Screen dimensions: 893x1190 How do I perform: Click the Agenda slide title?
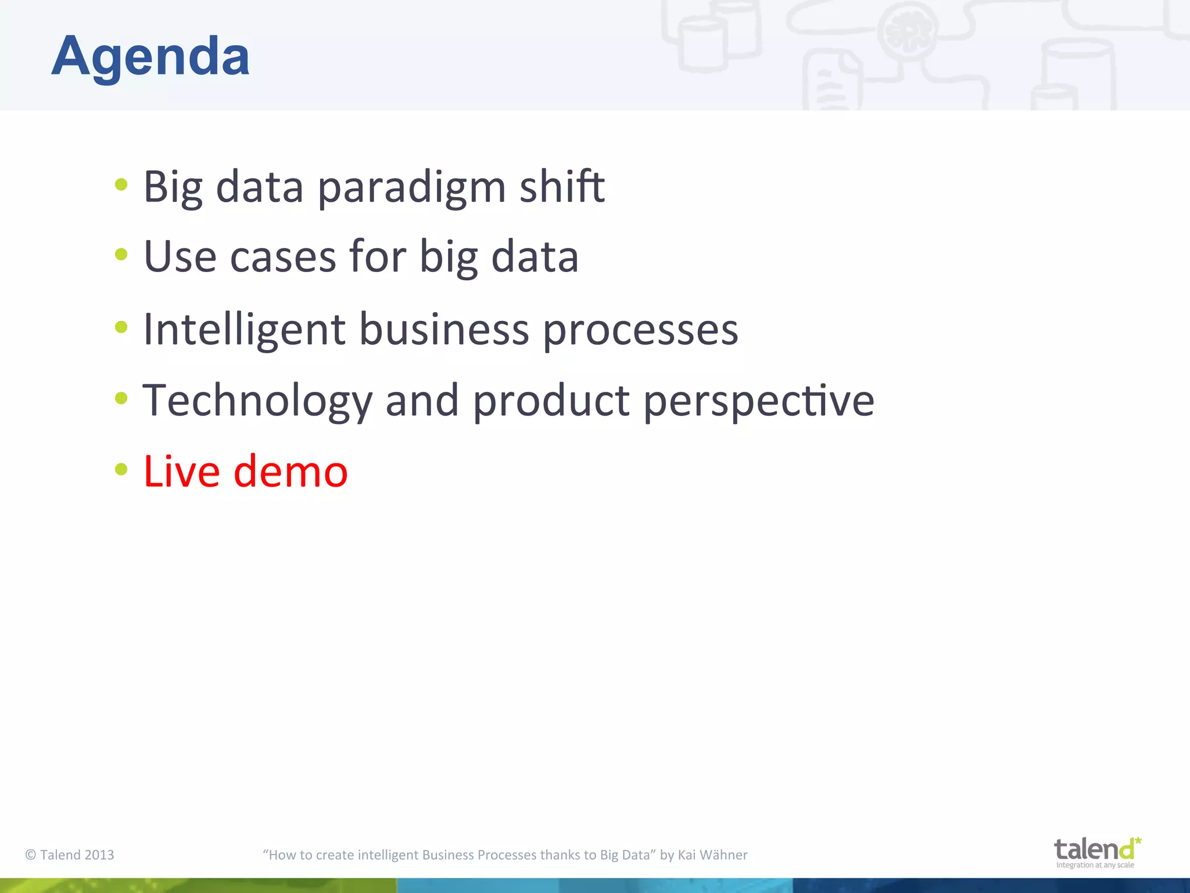pos(150,56)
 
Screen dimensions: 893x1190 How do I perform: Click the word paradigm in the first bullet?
pos(411,187)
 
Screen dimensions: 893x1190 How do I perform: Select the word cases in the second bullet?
pos(283,256)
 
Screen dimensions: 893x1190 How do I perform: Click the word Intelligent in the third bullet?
pos(244,329)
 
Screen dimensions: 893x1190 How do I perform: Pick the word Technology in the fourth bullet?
pos(257,401)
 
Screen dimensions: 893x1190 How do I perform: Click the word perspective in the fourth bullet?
pos(758,401)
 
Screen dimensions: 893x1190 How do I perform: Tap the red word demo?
pos(291,471)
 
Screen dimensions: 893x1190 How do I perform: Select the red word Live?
pos(181,471)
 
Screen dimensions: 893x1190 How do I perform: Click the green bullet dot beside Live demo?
pos(121,469)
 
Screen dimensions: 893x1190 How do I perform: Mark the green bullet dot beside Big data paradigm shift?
pos(121,185)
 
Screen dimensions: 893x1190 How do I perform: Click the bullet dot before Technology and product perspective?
pos(121,398)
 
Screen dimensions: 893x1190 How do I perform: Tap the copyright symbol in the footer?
pos(31,855)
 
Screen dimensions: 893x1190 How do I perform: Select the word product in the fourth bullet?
pos(551,401)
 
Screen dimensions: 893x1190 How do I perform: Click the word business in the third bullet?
pos(444,329)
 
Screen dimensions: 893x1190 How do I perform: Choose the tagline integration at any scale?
pos(1095,865)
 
